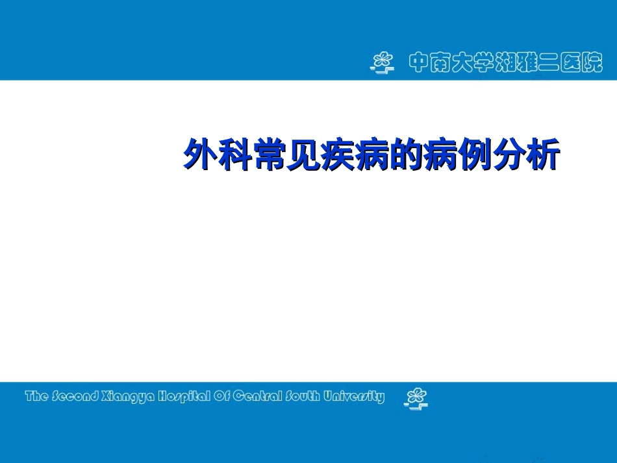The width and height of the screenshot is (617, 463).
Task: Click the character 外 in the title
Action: point(199,156)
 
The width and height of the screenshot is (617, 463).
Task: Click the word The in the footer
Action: point(36,396)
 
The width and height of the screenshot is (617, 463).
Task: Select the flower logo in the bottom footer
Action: point(416,398)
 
